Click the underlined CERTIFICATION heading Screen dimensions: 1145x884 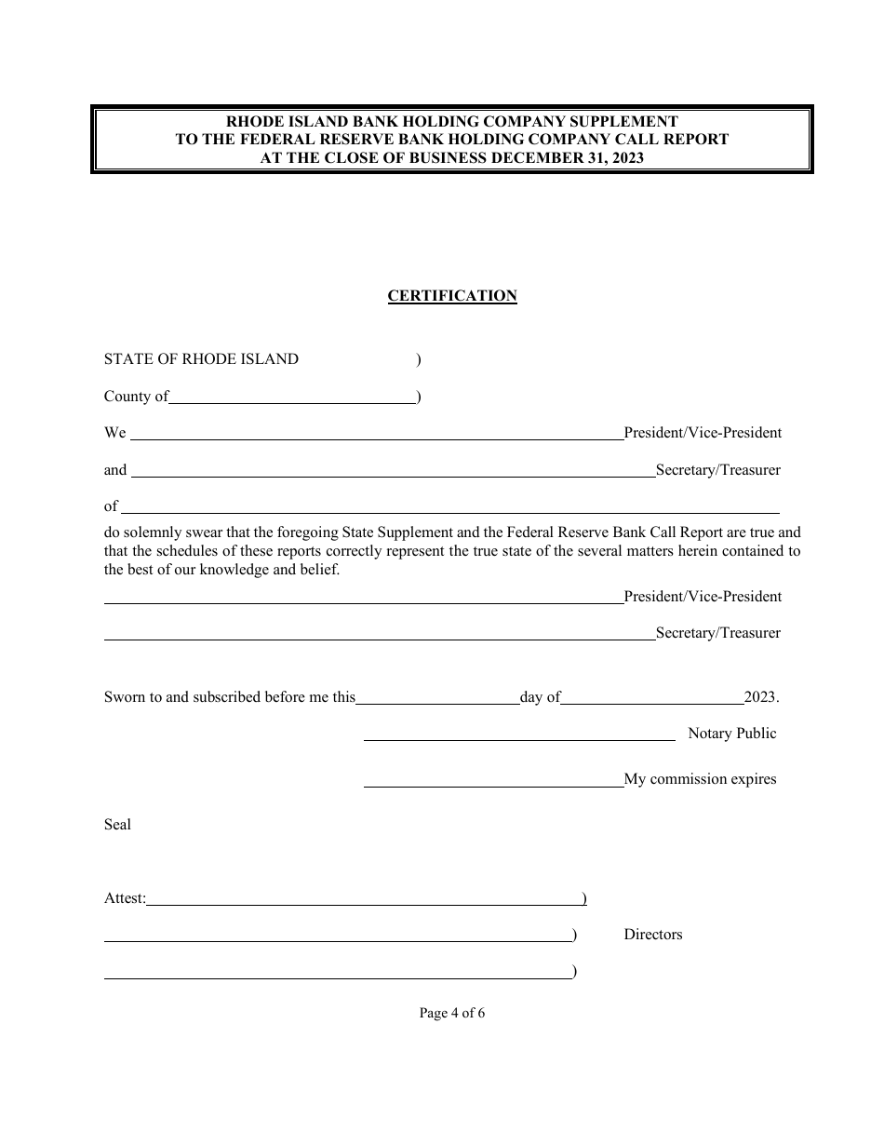[x=452, y=296]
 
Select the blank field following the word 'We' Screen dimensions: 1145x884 [x=377, y=434]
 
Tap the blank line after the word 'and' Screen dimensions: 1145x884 [x=393, y=472]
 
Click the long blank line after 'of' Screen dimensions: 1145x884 [x=450, y=508]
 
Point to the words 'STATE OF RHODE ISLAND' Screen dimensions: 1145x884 [x=201, y=359]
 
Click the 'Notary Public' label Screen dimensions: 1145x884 [x=731, y=734]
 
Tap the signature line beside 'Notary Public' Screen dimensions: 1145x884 [x=518, y=735]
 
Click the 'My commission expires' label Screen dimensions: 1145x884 [x=700, y=779]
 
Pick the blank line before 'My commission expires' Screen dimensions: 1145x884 [x=493, y=782]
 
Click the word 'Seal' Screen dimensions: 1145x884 [x=117, y=825]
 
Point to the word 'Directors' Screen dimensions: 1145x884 [x=652, y=935]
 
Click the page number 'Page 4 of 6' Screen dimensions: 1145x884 [x=452, y=1013]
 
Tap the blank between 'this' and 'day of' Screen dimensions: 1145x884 [x=437, y=699]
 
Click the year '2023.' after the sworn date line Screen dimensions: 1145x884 [x=761, y=697]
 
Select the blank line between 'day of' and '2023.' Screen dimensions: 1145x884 [x=651, y=699]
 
